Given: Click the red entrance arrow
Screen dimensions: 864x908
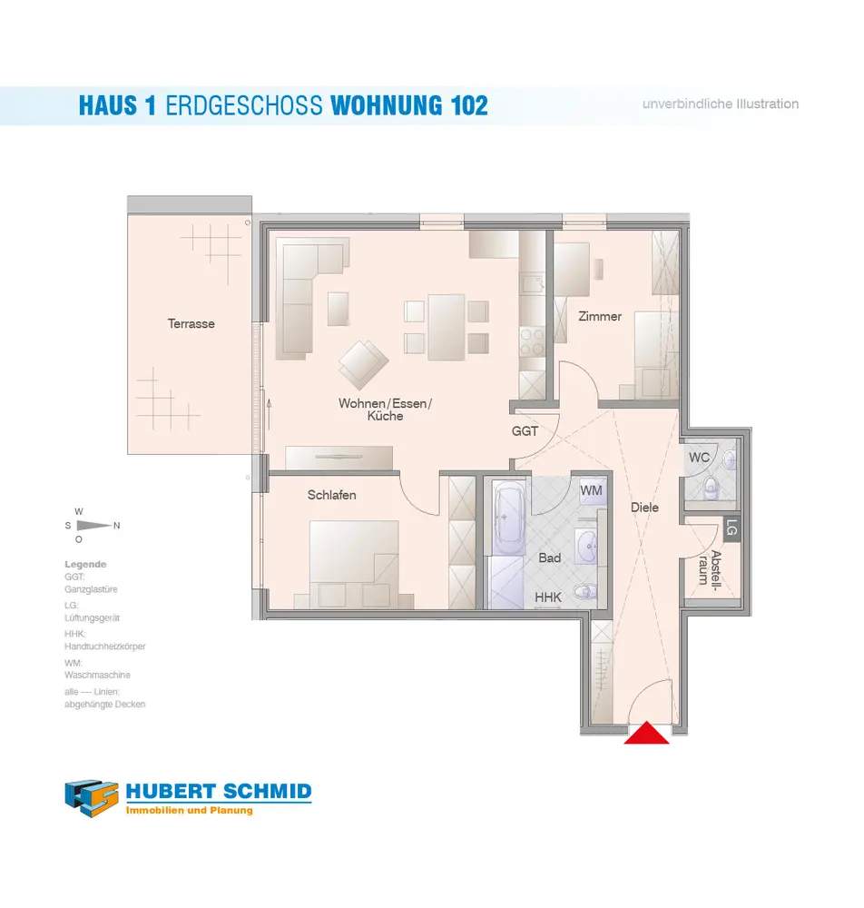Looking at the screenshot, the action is tap(647, 734).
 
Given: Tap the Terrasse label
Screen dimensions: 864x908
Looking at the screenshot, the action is tap(191, 323).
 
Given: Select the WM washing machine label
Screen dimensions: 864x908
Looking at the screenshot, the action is tap(591, 490).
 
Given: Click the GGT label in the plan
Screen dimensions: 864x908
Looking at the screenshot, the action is tap(525, 431).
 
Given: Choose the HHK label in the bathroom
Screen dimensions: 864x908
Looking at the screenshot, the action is tap(547, 597).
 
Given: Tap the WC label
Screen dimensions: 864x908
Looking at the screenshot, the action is tap(699, 458).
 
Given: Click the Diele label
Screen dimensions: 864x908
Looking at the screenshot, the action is tap(644, 508).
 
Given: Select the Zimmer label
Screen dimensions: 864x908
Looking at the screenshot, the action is tap(600, 316).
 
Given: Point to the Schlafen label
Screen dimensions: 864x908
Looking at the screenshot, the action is tap(331, 495).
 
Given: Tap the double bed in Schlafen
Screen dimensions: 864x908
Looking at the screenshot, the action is tap(352, 563).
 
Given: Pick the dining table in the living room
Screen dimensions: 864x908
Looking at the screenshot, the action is tap(447, 326).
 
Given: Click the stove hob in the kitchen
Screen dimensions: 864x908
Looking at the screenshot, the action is tap(532, 342).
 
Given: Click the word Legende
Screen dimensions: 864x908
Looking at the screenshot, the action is tap(85, 564).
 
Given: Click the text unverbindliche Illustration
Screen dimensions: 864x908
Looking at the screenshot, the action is tap(721, 104).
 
